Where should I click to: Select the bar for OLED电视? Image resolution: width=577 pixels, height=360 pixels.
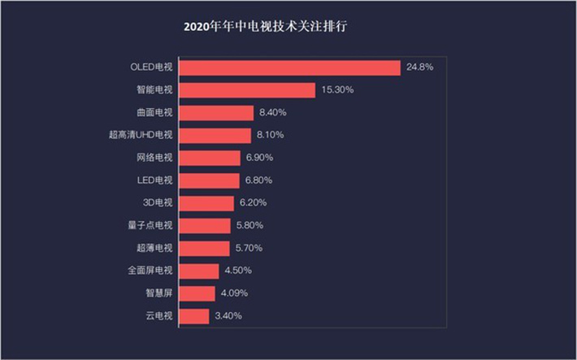(289, 67)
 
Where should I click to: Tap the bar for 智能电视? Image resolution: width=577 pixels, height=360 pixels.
(246, 90)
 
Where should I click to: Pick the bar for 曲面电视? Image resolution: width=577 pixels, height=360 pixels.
(215, 113)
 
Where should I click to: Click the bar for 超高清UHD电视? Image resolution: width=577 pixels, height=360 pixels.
(215, 135)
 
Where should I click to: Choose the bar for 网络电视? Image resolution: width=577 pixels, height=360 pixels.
(209, 158)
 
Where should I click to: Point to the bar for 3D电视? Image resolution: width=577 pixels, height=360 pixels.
(206, 202)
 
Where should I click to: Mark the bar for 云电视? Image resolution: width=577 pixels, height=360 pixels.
(193, 315)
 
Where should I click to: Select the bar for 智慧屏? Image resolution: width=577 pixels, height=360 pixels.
(196, 293)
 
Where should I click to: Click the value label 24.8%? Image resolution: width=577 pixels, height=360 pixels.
(419, 67)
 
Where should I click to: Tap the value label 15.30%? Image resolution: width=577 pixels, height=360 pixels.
(336, 90)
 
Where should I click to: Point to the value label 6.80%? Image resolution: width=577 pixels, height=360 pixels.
(259, 180)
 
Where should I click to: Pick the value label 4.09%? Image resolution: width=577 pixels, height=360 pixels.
(235, 293)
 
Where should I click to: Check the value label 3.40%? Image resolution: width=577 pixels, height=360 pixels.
(228, 315)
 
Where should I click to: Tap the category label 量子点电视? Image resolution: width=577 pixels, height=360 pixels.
(152, 225)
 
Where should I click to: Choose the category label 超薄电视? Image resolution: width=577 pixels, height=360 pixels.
(155, 248)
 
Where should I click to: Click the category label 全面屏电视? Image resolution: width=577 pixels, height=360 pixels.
(152, 271)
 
